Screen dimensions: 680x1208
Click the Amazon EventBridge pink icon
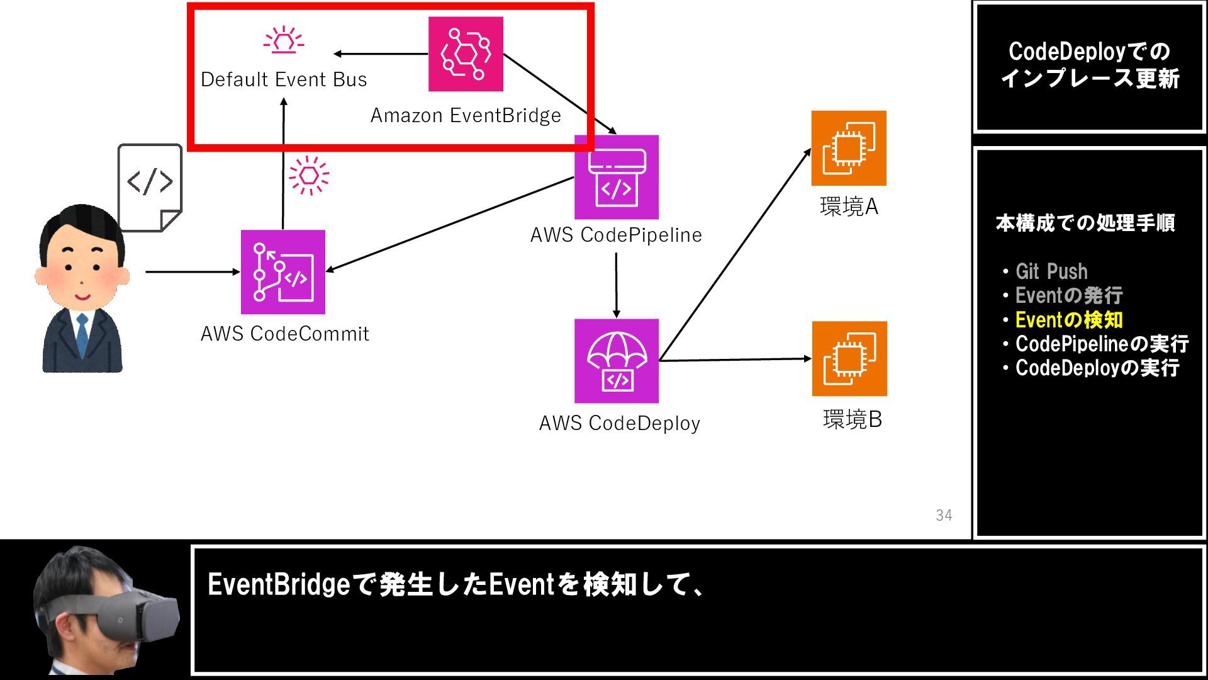tap(466, 54)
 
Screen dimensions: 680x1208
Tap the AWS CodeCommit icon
tap(283, 272)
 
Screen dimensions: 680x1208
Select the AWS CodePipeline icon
tap(617, 177)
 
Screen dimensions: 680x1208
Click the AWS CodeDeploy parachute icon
tap(617, 361)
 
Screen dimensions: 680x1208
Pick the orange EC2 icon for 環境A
tap(849, 148)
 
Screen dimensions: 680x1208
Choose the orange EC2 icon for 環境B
tap(849, 359)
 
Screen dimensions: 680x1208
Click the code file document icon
tap(150, 187)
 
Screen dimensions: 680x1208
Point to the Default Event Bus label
tap(284, 79)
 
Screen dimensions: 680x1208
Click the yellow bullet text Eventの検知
tap(1068, 320)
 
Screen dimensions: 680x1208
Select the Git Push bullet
tap(1051, 271)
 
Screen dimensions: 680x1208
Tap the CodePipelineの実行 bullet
tap(1101, 344)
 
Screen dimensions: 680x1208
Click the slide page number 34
tap(944, 515)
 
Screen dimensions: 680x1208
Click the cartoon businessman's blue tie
tap(82, 337)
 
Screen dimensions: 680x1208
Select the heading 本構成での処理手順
tap(1085, 223)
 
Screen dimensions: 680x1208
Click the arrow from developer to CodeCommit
tap(192, 272)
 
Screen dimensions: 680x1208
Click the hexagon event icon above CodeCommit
tap(309, 175)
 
